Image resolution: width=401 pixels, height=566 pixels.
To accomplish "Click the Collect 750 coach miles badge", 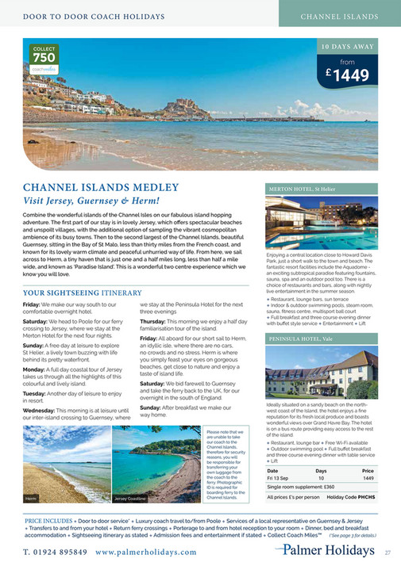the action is click(x=44, y=57).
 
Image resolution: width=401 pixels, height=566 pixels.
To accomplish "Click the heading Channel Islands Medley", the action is click(x=99, y=188).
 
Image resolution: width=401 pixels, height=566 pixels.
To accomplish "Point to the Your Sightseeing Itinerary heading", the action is click(x=82, y=293).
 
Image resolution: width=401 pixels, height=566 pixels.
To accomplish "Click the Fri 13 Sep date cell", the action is click(x=282, y=478).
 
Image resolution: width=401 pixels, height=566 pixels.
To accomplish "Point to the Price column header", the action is click(x=368, y=470).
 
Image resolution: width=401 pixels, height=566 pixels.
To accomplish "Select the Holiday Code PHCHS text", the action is click(x=350, y=497).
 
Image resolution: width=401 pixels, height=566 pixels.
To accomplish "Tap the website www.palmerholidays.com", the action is click(x=147, y=552).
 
